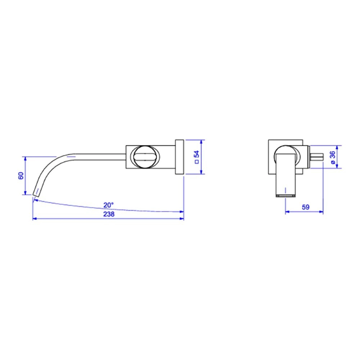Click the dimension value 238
(x=109, y=214)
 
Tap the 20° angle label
(x=108, y=205)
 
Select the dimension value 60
(x=21, y=176)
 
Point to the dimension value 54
(x=197, y=154)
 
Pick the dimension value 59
(x=305, y=207)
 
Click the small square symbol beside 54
(x=197, y=162)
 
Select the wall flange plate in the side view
(x=180, y=157)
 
